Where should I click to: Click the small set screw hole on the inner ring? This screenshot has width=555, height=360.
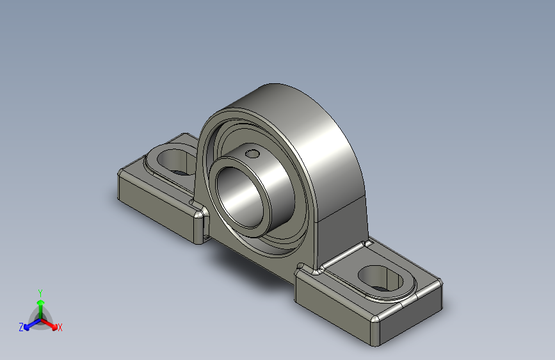[253, 153]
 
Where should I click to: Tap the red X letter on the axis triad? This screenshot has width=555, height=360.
[60, 328]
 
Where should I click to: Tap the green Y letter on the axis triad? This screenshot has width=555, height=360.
[40, 291]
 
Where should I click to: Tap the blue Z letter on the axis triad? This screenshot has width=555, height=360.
[21, 327]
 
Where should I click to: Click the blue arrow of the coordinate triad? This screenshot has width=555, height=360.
[29, 325]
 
